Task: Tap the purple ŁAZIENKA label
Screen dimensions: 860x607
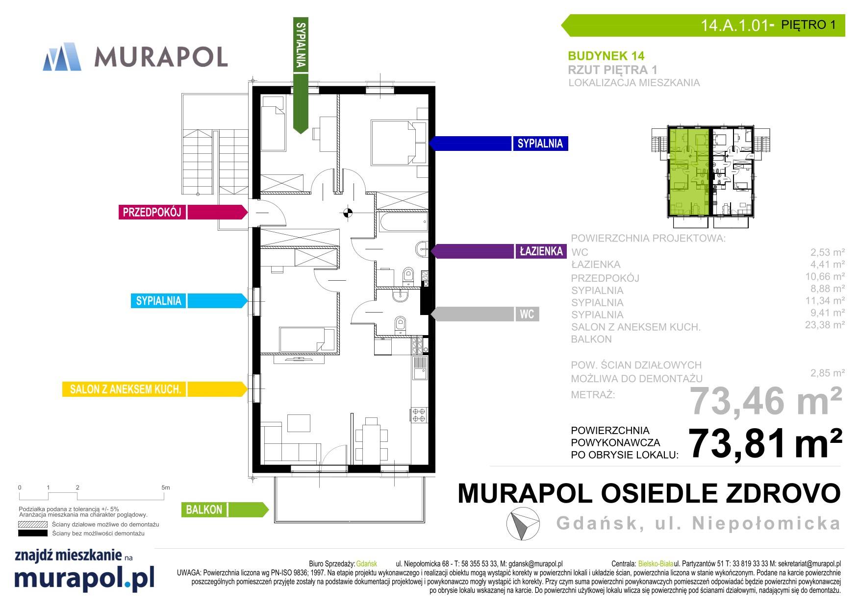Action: pyautogui.click(x=541, y=251)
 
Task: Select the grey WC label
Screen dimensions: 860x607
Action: pyautogui.click(x=527, y=314)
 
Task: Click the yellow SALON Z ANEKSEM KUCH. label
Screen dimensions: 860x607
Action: pyautogui.click(x=126, y=389)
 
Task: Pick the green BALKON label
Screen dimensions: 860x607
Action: pyautogui.click(x=204, y=510)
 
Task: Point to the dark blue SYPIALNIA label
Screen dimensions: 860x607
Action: pyautogui.click(x=540, y=144)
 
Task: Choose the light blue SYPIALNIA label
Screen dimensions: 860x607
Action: pyautogui.click(x=158, y=301)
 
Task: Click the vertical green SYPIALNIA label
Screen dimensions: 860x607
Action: pyautogui.click(x=301, y=45)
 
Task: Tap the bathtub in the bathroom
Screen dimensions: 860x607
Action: pyautogui.click(x=402, y=222)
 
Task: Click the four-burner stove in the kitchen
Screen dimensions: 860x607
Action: pyautogui.click(x=419, y=414)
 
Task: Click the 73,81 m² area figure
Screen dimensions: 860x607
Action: pyautogui.click(x=765, y=443)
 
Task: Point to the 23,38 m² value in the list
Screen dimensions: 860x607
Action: pyautogui.click(x=825, y=324)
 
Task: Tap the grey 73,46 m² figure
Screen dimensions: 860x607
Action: pyautogui.click(x=766, y=401)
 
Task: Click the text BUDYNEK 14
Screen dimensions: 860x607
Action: pyautogui.click(x=606, y=56)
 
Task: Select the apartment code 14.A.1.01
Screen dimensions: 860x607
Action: pyautogui.click(x=734, y=25)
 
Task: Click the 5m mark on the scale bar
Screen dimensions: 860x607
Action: pyautogui.click(x=165, y=487)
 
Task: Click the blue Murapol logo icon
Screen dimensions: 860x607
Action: pyautogui.click(x=62, y=57)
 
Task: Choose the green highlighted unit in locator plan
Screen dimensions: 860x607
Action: pyautogui.click(x=688, y=171)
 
